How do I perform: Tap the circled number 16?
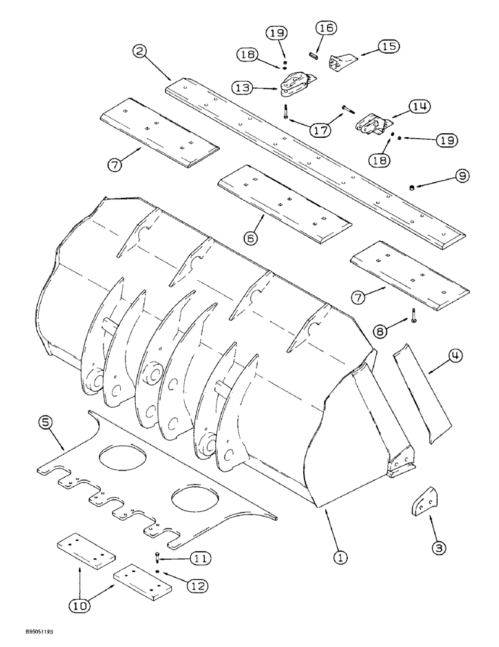click(x=324, y=29)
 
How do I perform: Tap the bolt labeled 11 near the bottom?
click(x=157, y=556)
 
